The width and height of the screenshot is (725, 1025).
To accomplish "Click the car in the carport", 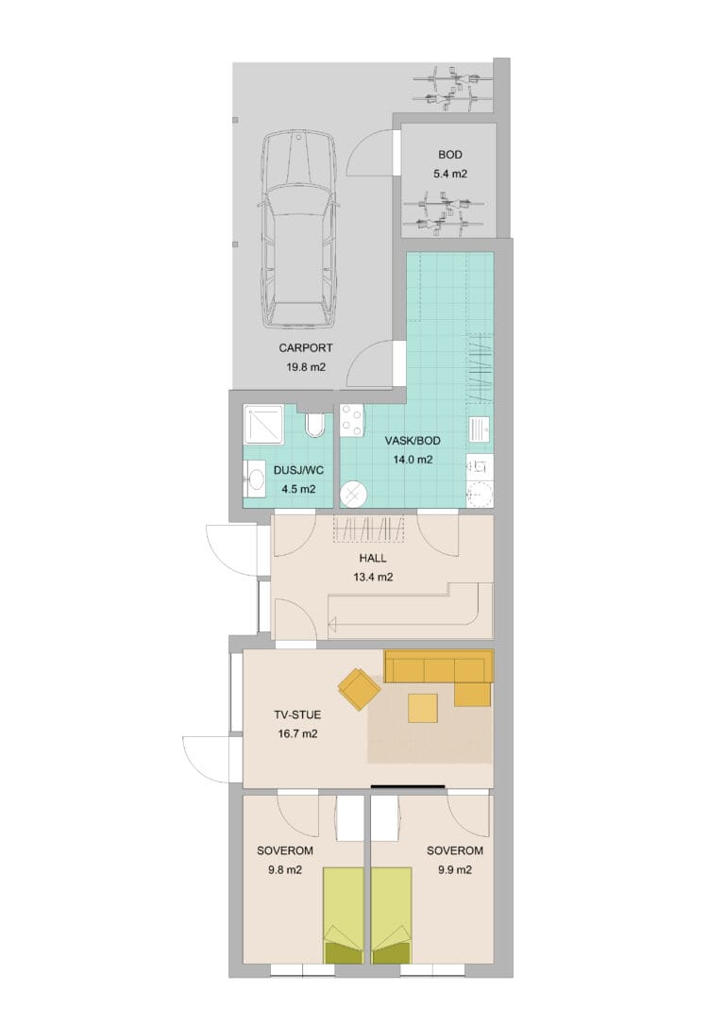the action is point(298,229).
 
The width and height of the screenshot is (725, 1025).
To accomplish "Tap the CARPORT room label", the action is point(306,348).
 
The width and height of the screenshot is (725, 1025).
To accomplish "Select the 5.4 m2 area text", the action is point(449,175).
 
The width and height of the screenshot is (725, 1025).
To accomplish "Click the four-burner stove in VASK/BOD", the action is point(352,422).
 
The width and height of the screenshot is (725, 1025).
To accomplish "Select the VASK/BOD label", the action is point(413,442).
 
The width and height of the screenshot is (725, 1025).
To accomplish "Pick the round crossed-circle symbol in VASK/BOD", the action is point(353,495).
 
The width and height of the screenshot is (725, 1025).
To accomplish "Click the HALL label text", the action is point(373,558).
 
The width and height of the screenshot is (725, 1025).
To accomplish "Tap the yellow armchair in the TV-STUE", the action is point(360,688).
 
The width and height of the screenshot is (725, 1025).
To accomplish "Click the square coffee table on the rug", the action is point(423,708).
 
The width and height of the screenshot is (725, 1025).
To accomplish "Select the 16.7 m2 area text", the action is point(297,734).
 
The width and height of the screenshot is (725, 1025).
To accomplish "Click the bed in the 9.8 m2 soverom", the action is point(344,916).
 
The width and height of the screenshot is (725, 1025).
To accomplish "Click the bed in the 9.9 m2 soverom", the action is point(392,916).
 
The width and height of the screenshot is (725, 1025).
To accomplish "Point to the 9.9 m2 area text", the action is point(454,870).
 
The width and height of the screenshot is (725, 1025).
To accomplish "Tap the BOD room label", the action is point(449,155).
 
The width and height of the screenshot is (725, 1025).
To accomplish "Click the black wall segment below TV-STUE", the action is point(408,786).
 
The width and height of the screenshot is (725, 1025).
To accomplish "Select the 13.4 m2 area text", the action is point(373,578).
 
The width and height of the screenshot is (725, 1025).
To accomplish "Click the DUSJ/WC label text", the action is point(298,471).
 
